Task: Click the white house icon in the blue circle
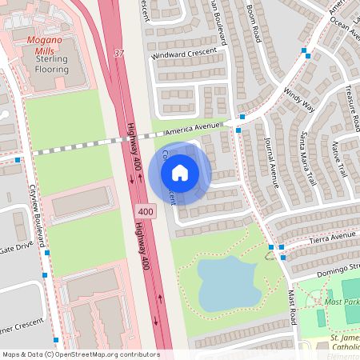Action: [x=180, y=172]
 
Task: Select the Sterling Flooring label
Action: [x=53, y=64]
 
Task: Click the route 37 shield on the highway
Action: [x=119, y=54]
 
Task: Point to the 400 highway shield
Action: [x=145, y=211]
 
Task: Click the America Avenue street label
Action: [x=191, y=130]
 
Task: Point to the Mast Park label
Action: [x=342, y=302]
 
